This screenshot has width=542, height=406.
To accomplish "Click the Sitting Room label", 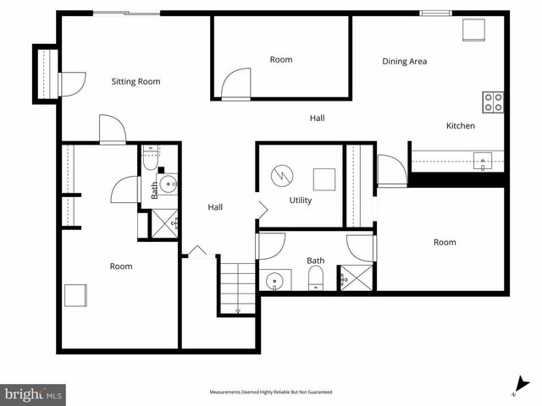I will coord(136,82).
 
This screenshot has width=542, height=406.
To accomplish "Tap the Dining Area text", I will coord(405,61).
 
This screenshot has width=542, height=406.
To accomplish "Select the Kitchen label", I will coord(461,126).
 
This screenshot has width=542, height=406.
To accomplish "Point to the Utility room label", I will coord(301,200).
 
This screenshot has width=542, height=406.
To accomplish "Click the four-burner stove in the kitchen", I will coord(493,102).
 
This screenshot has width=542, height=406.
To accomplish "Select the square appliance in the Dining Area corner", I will coord(472,30).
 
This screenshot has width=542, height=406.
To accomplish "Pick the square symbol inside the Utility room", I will coord(324,179).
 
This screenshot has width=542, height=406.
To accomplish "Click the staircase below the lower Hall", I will coord(237,288).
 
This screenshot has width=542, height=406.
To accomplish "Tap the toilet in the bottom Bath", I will coord(315,279).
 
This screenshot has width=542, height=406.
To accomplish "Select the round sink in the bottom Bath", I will coord(274,281).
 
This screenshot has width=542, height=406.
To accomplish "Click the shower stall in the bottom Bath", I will coord(355,277).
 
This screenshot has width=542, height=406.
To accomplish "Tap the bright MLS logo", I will coord(34,393).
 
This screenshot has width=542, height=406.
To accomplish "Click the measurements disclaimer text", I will coord(271,392).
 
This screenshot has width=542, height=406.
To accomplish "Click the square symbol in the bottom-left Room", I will coord(75,295).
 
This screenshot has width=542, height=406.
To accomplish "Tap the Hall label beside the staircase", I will coord(216,207).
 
